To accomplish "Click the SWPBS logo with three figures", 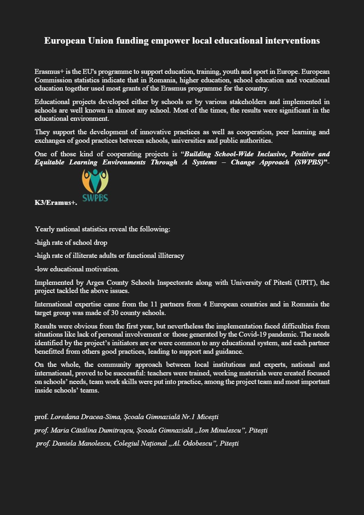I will coord(95,186).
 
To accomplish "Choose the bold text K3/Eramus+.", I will coord(55,202).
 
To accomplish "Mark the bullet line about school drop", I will coord(71,242).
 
